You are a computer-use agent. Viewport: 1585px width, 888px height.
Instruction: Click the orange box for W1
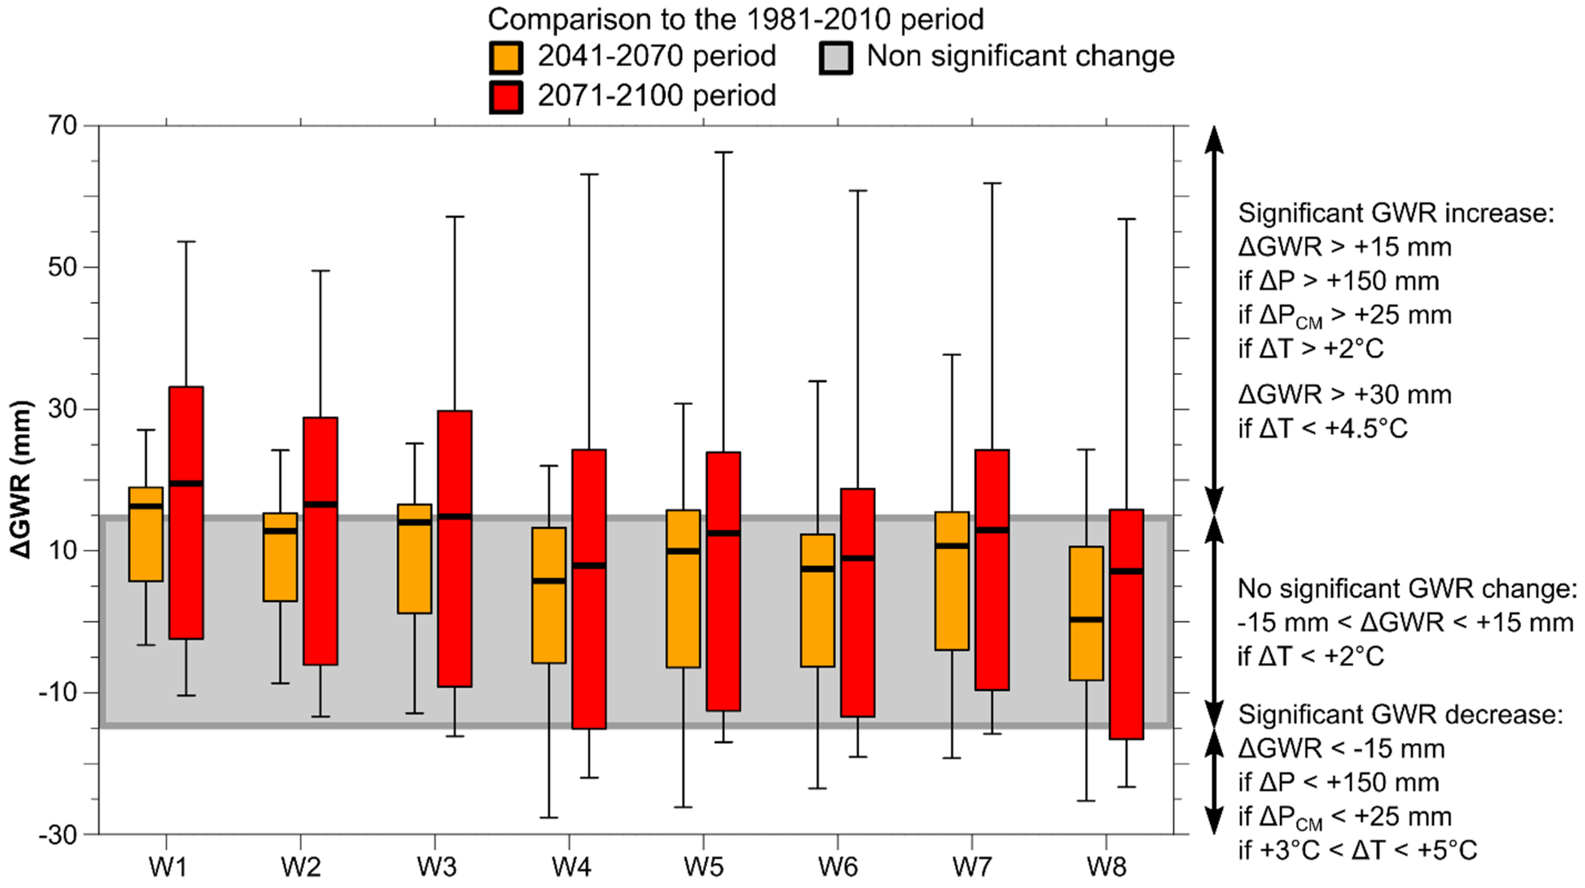146,534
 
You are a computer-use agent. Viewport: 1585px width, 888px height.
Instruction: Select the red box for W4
589,589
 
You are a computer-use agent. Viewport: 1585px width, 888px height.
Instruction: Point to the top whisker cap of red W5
724,152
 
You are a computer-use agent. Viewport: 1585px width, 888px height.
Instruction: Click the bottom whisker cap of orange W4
549,817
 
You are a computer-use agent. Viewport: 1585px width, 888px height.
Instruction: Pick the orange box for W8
1086,613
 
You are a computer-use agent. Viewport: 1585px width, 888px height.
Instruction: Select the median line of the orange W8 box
1086,619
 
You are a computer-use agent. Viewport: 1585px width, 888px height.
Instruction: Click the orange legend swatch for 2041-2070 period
506,57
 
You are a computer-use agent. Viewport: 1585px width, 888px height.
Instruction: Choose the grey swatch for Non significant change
836,57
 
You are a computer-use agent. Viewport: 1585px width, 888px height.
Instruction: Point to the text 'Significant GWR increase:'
1396,213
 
